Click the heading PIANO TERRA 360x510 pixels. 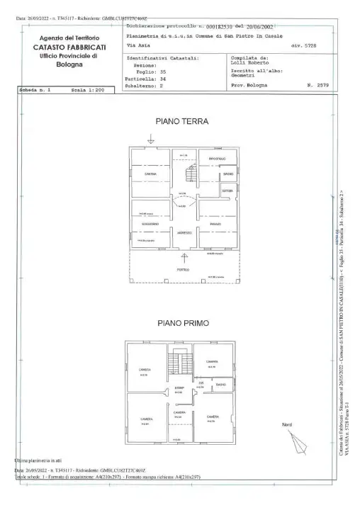[x=181, y=121]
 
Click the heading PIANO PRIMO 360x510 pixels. [x=182, y=323]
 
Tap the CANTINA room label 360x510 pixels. [x=150, y=174]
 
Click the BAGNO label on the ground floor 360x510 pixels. [x=227, y=174]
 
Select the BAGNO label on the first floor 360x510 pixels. [x=221, y=385]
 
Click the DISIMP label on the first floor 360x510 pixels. [x=179, y=388]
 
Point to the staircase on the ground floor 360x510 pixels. [x=190, y=172]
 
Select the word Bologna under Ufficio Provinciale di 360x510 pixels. [x=69, y=64]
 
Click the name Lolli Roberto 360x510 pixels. [x=249, y=63]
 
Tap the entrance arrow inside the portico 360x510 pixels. [x=184, y=257]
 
